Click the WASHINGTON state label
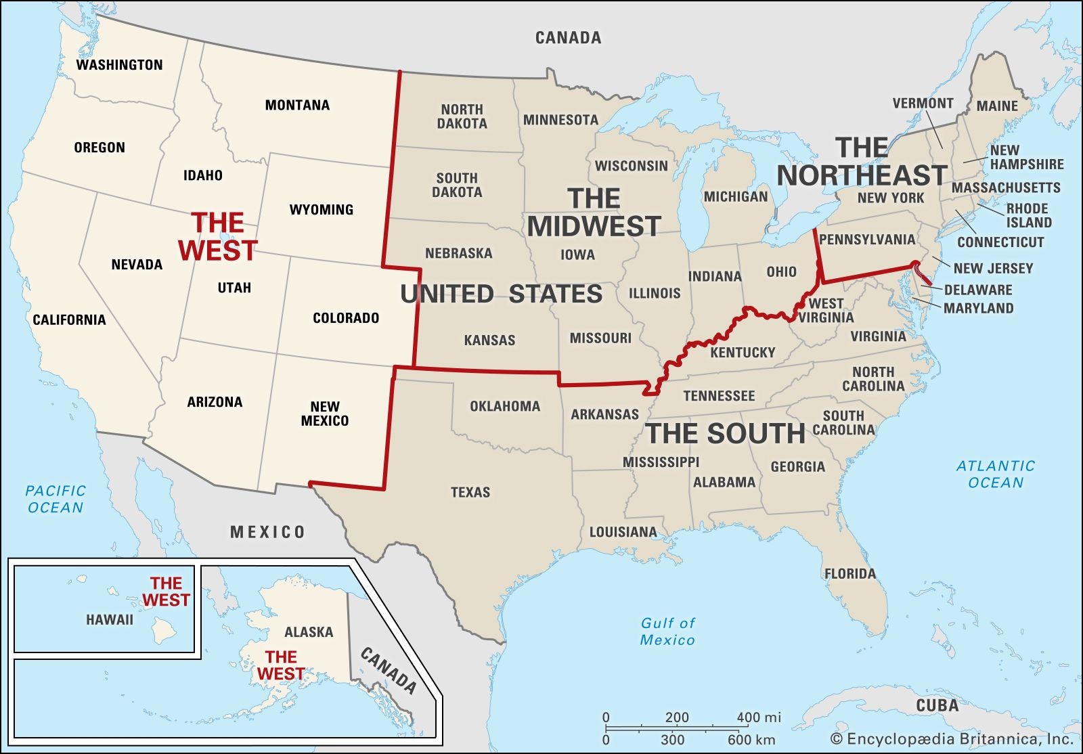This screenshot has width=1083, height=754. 119,65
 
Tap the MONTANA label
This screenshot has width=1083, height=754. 297,105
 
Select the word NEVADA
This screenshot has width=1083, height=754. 137,265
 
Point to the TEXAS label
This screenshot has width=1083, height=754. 470,492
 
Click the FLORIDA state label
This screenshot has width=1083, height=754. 849,574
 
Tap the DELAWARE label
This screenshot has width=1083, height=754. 977,290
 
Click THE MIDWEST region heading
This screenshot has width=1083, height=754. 594,213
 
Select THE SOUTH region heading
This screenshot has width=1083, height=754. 726,434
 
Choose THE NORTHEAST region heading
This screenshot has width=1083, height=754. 862,162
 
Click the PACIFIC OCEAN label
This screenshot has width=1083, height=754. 56,499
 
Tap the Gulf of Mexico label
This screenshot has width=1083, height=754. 667,631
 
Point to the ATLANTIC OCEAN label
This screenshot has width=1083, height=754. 995,474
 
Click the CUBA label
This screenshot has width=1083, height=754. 937,705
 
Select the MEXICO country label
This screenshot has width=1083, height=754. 267,532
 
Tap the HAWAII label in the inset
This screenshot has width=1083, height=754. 110,619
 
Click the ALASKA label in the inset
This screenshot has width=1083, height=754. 309,632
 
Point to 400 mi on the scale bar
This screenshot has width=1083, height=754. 758,717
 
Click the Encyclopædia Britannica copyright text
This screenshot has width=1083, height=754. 952,738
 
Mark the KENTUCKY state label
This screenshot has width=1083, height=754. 743,353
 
